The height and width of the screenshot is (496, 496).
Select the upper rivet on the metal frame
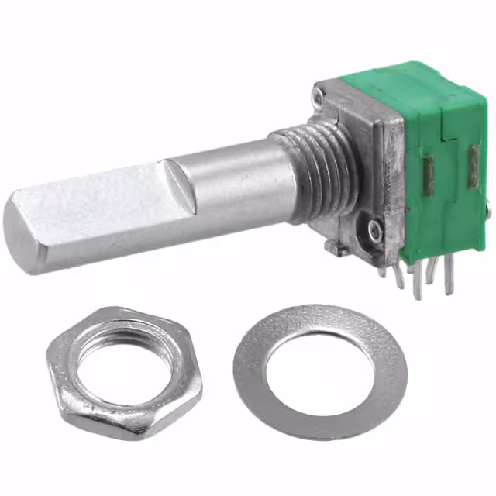tap(319, 97)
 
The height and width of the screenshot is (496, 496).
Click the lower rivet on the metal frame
tap(377, 230)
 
